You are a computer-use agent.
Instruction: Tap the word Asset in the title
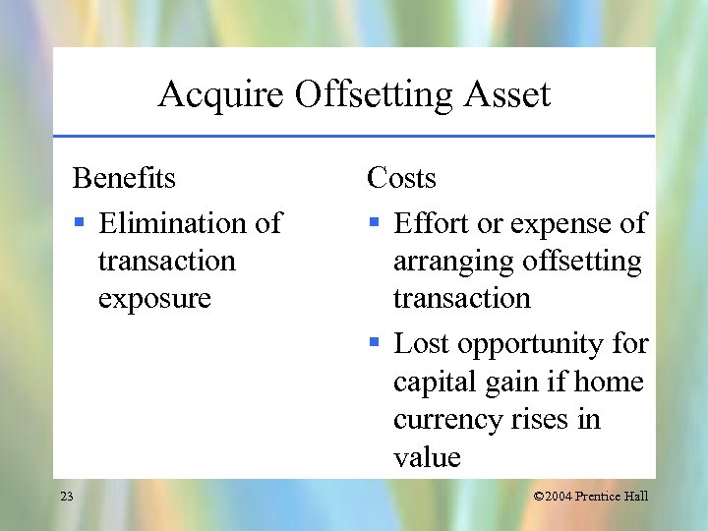(x=505, y=95)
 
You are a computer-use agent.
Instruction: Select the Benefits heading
(x=124, y=178)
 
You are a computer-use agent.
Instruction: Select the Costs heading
(x=401, y=178)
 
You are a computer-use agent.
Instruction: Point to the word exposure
(x=154, y=298)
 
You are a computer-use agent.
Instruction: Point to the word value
(x=427, y=457)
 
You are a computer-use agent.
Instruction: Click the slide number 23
(x=66, y=497)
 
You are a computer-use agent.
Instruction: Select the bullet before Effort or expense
(x=375, y=224)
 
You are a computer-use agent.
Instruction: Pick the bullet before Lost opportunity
(x=375, y=344)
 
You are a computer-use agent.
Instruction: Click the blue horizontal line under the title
(x=354, y=135)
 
